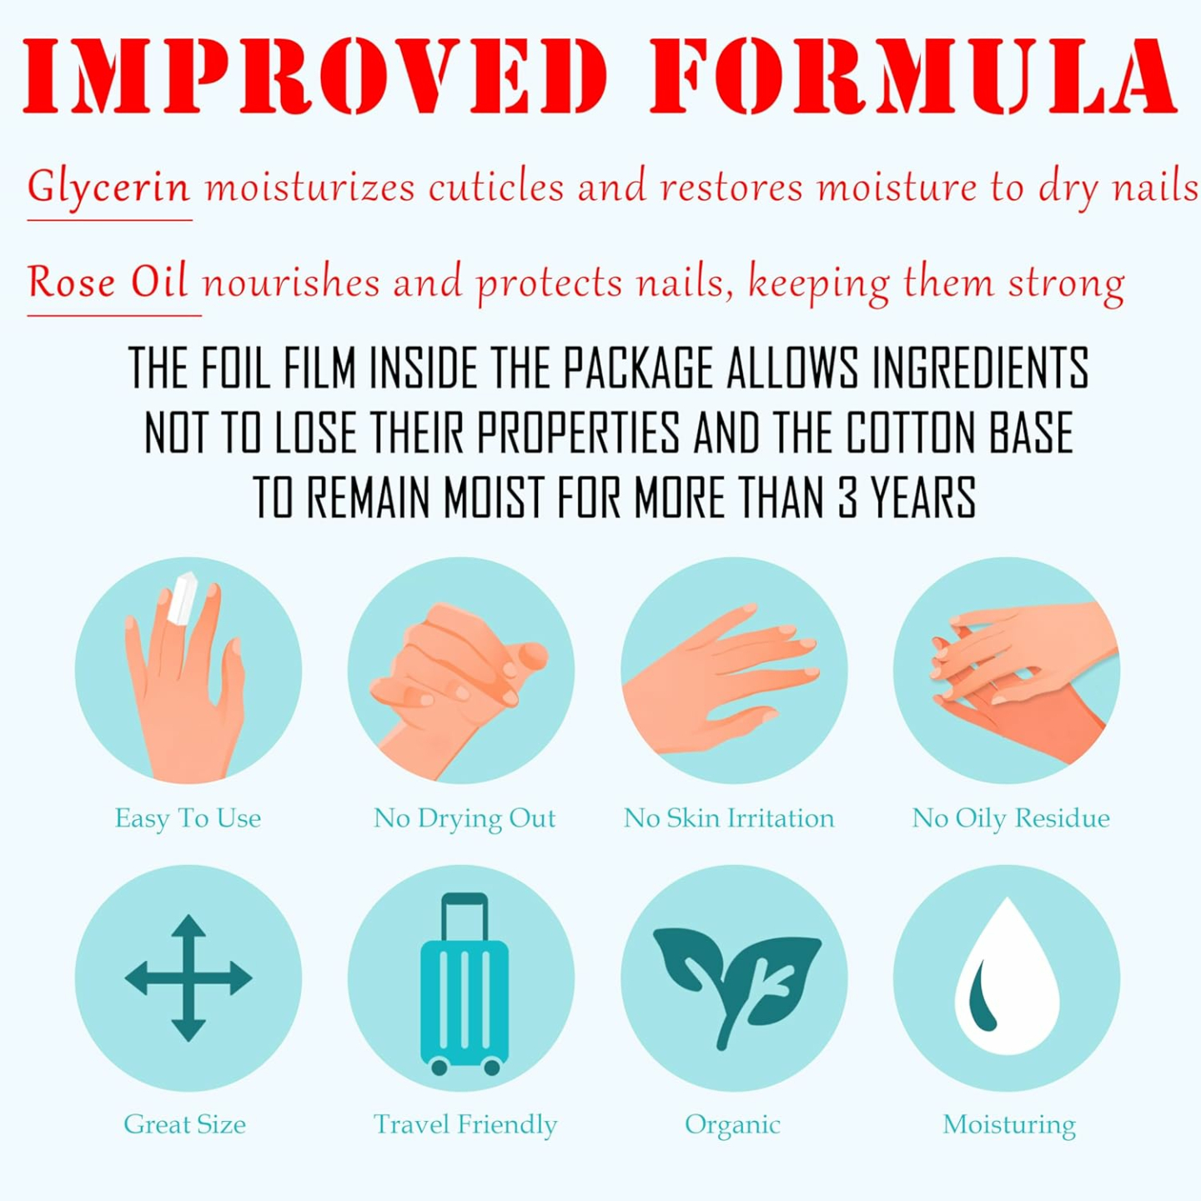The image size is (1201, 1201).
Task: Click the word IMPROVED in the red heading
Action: click(x=315, y=77)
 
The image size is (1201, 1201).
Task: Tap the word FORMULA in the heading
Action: click(x=912, y=77)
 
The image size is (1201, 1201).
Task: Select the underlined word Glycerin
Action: click(x=109, y=187)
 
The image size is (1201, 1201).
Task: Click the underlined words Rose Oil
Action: click(x=108, y=282)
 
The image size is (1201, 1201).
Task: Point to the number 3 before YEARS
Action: click(x=847, y=498)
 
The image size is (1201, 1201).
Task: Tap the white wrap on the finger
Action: click(x=182, y=598)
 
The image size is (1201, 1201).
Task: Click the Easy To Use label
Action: click(x=188, y=818)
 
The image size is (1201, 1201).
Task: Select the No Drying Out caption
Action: click(x=465, y=818)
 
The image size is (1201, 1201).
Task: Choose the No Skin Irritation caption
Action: click(x=729, y=818)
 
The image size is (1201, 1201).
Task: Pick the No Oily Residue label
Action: click(x=1011, y=818)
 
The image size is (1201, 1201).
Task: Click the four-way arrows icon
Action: click(x=188, y=977)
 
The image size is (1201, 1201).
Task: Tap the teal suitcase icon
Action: click(x=464, y=992)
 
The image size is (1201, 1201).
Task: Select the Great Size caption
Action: click(x=185, y=1124)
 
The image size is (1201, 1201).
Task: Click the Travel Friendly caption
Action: click(x=465, y=1124)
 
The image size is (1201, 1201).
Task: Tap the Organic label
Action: click(x=732, y=1125)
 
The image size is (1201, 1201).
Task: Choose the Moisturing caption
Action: click(x=1009, y=1124)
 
